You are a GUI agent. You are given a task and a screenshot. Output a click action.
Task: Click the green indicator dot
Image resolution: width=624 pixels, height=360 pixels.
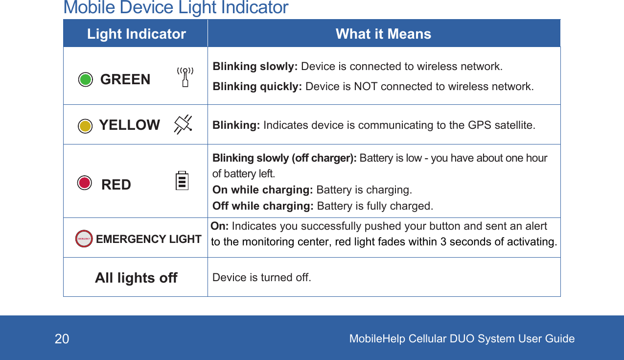click(x=86, y=79)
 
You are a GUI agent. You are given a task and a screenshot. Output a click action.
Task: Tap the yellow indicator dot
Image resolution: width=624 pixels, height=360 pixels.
click(x=85, y=126)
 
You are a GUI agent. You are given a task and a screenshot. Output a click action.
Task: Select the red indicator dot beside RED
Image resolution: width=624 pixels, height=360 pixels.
click(x=85, y=183)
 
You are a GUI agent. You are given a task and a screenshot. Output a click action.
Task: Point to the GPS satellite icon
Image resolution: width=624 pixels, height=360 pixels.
click(x=183, y=124)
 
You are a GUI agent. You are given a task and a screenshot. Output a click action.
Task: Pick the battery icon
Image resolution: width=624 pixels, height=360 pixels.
click(x=182, y=181)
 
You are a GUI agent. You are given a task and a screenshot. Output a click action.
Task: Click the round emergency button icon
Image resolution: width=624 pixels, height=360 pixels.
click(x=84, y=239)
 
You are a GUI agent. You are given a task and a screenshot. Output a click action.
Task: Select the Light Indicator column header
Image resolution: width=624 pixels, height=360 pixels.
click(x=137, y=34)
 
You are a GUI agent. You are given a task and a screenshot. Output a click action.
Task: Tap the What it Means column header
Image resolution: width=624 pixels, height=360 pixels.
click(x=383, y=34)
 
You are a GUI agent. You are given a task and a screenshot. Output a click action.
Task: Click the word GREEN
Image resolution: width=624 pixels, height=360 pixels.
click(x=125, y=79)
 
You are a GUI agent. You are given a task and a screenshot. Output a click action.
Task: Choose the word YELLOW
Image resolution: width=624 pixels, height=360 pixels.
click(x=129, y=125)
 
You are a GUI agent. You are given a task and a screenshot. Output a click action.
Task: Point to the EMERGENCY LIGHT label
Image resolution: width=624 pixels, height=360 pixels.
click(x=149, y=239)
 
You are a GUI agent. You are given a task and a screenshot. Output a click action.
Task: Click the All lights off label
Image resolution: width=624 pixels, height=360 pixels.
click(x=136, y=278)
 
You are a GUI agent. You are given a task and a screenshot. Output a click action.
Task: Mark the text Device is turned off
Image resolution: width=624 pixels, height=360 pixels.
click(x=261, y=278)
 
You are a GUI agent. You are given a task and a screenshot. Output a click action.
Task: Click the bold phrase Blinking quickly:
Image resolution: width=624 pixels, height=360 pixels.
click(x=257, y=87)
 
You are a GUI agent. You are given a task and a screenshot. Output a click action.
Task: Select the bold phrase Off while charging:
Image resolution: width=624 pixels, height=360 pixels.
click(x=263, y=206)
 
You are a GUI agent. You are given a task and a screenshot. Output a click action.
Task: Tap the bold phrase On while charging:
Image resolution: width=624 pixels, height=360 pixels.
click(x=263, y=190)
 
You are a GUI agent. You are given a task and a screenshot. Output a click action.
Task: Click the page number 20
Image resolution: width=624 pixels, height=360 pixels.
click(x=62, y=339)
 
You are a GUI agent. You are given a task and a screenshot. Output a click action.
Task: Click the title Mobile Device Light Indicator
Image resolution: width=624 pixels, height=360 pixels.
click(x=176, y=8)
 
